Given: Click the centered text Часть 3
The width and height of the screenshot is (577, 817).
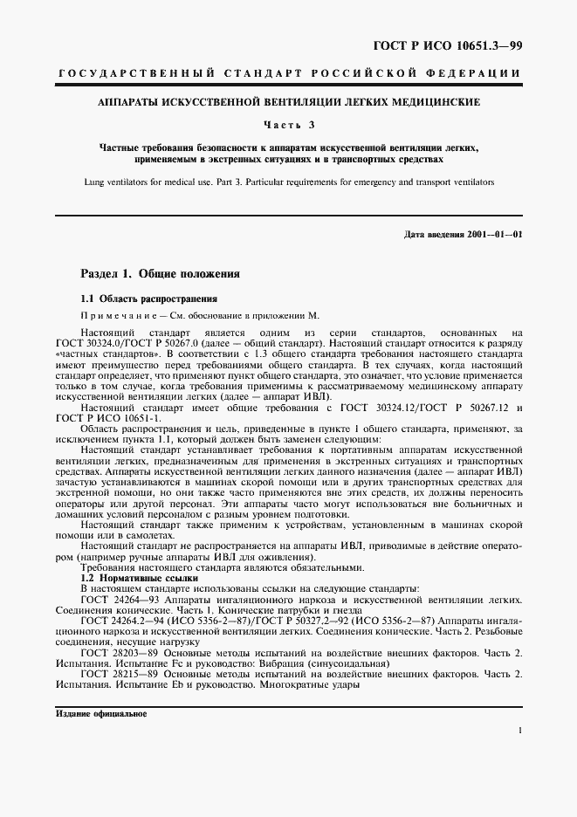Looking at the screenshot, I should coord(288,126).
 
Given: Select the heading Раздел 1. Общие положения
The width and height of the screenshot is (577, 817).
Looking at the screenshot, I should coord(161,273).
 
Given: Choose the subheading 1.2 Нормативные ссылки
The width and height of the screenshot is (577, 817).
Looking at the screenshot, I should coord(140,579).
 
